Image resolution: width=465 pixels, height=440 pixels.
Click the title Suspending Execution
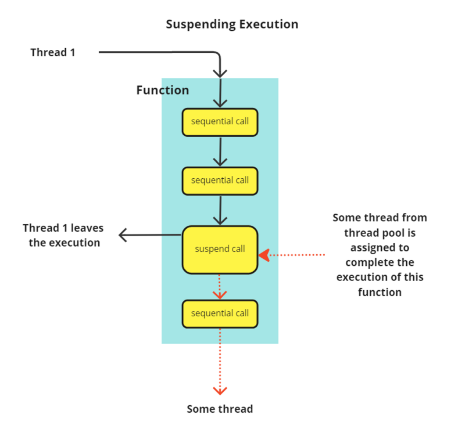(x=232, y=24)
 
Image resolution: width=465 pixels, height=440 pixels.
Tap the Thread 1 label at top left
(x=53, y=52)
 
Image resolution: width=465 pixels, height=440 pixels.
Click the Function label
(x=163, y=90)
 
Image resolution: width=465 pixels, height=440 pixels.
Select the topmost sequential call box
(x=220, y=122)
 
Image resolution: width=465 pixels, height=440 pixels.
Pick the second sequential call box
(x=220, y=181)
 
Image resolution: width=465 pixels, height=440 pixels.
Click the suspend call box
(x=220, y=250)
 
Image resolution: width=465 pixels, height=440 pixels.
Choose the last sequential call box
(x=220, y=314)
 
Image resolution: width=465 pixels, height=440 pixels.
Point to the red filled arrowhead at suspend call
(x=264, y=255)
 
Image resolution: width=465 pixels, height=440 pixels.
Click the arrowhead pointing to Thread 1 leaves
(x=123, y=235)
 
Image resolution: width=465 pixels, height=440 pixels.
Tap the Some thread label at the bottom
(x=220, y=409)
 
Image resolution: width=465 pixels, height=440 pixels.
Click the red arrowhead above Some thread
(x=220, y=391)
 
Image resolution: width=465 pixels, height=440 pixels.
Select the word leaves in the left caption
(x=87, y=228)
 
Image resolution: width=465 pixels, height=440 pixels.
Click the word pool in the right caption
(x=394, y=233)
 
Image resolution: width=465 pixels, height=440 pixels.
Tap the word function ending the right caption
(x=380, y=292)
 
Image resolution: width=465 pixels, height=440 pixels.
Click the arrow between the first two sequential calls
(x=220, y=152)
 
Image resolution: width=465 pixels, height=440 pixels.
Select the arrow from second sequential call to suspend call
(x=220, y=211)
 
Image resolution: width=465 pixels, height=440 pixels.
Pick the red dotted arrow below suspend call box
(x=220, y=287)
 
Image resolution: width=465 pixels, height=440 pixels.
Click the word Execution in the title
(x=269, y=24)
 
